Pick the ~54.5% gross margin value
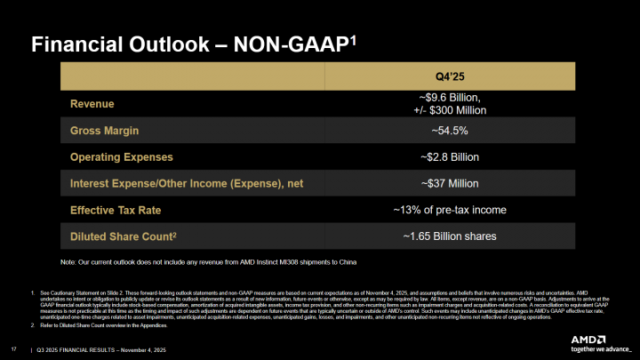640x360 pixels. [448, 130]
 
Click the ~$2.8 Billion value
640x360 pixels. [448, 156]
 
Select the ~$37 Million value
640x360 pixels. [448, 183]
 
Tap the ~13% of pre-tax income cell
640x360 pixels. [448, 210]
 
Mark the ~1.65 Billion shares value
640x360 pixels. [448, 236]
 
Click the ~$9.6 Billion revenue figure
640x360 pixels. [448, 97]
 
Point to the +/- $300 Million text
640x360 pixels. [448, 109]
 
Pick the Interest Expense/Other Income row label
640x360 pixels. [186, 183]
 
